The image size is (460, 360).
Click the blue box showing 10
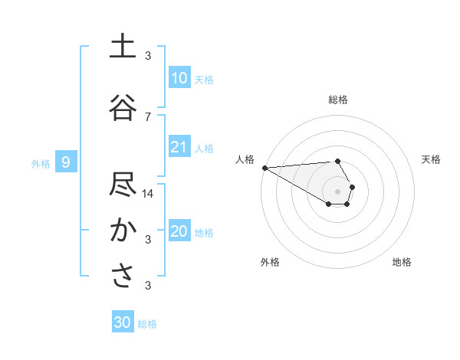179,78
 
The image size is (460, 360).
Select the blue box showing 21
179,148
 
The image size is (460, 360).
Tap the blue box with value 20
179,232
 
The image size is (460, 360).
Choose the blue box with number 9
67,162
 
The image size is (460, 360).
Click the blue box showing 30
122,322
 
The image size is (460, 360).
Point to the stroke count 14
148,194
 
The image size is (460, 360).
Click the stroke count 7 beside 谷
148,116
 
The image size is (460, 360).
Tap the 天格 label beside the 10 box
204,80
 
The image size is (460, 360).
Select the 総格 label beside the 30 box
147,324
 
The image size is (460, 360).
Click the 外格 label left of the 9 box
41,163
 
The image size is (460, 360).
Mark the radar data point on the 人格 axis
264,168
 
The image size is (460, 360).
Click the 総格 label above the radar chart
338,100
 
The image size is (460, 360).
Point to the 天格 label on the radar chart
432,159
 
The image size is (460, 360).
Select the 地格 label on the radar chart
402,262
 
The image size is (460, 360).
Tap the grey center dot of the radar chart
337,191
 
